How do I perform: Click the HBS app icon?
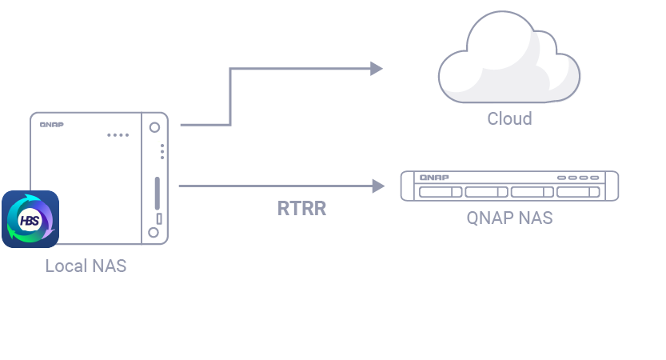(30, 219)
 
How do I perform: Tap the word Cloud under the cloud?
(509, 119)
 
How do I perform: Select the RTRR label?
(301, 210)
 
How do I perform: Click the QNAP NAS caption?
(509, 218)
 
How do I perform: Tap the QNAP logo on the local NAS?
(51, 125)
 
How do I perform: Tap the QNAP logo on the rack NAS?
(435, 177)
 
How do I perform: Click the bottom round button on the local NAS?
(154, 233)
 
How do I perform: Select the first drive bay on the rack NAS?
(440, 193)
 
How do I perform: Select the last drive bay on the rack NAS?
(578, 193)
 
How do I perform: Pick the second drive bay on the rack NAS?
(486, 193)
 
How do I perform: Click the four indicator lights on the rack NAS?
(578, 177)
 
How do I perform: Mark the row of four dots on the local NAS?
(118, 134)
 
